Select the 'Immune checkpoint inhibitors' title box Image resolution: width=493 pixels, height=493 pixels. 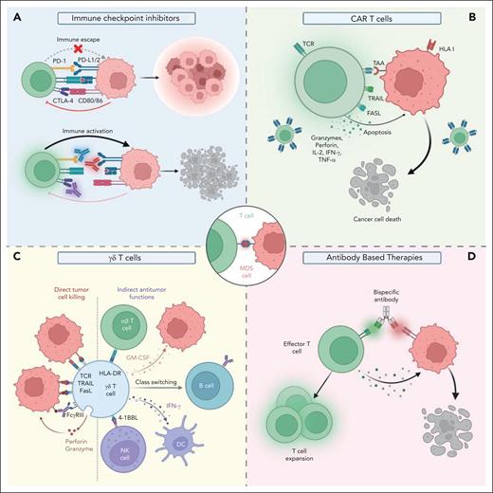[124, 16]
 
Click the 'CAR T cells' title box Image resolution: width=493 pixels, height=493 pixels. [368, 16]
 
